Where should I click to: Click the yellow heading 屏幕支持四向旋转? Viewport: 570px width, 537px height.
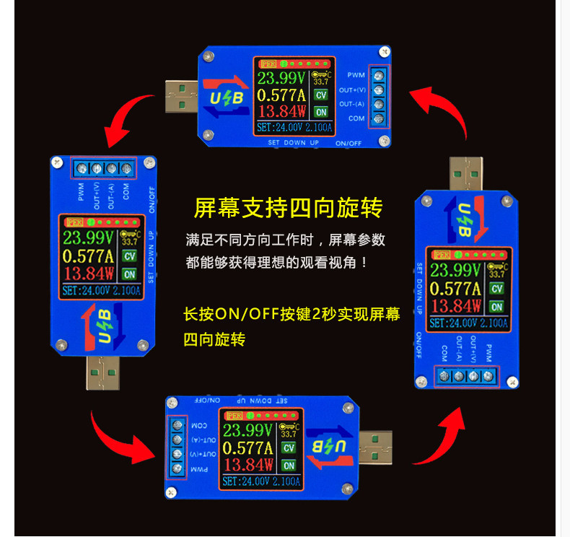(x=288, y=209)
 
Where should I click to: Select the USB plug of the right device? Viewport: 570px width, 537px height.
(x=466, y=174)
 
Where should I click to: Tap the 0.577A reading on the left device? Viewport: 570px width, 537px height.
(x=89, y=256)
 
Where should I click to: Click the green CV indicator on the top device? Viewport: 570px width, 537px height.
(x=321, y=95)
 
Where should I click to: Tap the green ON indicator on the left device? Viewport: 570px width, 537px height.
(x=130, y=274)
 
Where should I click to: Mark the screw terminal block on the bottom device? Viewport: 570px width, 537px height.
(x=177, y=447)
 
